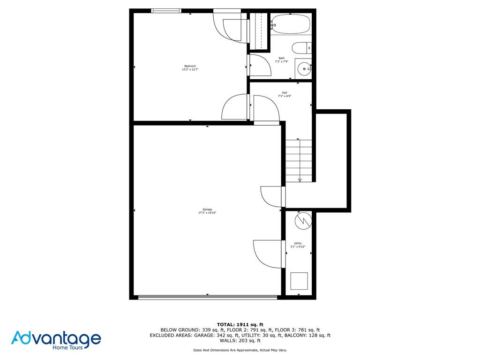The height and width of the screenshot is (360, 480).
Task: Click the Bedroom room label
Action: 190,66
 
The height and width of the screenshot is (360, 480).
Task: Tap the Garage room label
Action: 207,210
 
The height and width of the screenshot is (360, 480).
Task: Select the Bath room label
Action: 281,58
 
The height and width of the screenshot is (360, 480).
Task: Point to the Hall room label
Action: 284,93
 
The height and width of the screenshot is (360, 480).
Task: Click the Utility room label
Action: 298,243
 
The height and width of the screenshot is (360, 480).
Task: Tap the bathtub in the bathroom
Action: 290,23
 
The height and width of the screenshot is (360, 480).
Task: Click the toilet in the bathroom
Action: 301,48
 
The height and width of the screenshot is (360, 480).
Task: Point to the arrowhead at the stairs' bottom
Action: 300,180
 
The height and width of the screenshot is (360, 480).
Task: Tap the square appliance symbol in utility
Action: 299,281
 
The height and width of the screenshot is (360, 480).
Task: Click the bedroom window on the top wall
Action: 166,11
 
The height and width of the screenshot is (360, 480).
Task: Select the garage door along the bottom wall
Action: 207,296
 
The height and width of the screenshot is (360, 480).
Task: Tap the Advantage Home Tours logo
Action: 56,340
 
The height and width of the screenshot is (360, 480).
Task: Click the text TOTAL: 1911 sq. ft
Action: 240,324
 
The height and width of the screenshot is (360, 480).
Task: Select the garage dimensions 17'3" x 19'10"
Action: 207,213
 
